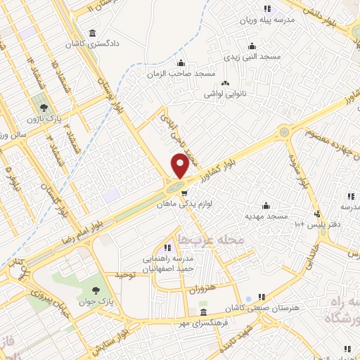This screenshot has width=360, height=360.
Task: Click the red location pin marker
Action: [x=180, y=165]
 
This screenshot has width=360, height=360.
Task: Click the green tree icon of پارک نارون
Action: [x=45, y=108]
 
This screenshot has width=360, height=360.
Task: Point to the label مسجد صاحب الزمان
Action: [x=181, y=73]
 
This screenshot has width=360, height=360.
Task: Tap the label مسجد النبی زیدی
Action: [x=251, y=56]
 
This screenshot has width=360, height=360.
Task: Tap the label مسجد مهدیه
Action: [x=266, y=217]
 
